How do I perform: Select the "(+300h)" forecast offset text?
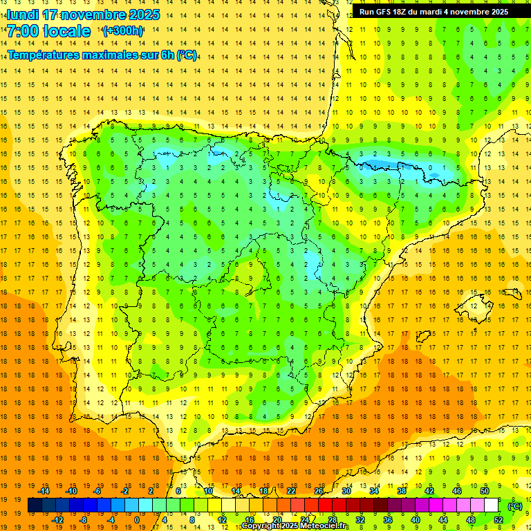pos(123,31)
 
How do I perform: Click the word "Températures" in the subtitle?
pos(44,55)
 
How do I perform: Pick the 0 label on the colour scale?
pos(136,520)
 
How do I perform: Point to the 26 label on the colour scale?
pos(319,491)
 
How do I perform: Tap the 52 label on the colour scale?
pos(499,520)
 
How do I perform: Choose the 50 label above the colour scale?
pos(485,491)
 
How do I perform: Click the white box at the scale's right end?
pos(492,505)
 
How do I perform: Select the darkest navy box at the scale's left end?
pos(35,505)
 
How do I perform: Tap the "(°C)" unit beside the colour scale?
pos(515,505)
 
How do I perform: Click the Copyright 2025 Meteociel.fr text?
pos(295,526)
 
